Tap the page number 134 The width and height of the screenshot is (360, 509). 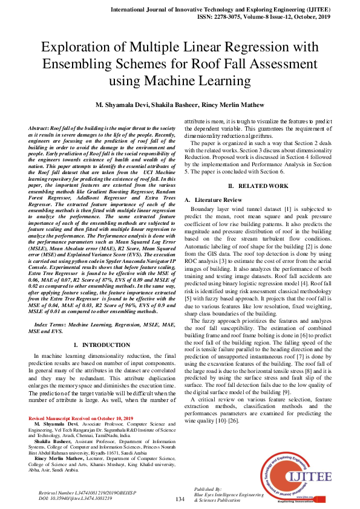(x=180, y=500)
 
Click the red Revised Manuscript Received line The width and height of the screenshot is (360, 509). (x=80, y=418)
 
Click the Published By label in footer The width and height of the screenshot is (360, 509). (x=206, y=488)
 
